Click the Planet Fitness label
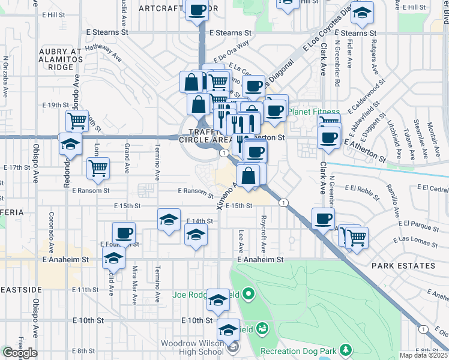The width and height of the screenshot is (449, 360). point(313,112)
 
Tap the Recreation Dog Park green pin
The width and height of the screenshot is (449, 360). point(346,349)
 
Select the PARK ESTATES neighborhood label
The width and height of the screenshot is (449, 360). point(403,266)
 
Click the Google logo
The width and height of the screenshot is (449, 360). point(20,353)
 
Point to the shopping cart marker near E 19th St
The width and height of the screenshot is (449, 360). point(77,121)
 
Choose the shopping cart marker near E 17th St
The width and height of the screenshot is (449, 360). point(98,169)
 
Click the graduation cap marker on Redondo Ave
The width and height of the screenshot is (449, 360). point(70,145)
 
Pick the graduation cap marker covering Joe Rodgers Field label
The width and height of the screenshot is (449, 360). point(218,299)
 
